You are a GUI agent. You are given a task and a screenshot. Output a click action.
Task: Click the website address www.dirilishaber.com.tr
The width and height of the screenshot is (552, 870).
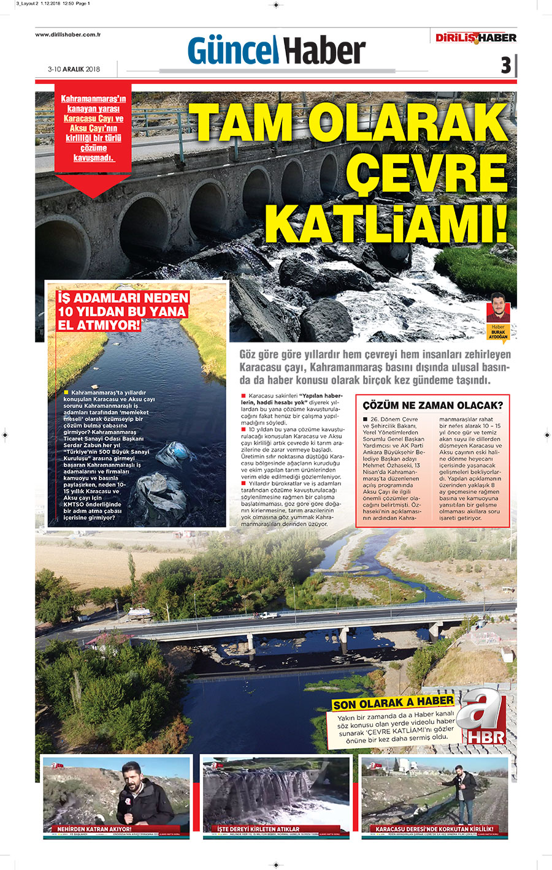tap(67, 35)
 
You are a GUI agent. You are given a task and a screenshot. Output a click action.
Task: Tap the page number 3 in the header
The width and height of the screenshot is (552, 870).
tap(505, 65)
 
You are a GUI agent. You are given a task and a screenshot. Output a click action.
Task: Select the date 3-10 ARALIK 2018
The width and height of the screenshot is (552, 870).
tap(74, 69)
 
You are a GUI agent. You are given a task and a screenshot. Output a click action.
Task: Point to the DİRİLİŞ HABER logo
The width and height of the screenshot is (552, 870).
tap(476, 38)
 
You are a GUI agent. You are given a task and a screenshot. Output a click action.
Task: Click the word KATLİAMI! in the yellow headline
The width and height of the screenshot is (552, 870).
tap(386, 224)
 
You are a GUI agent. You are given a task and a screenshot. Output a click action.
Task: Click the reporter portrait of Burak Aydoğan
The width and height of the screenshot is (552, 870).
tap(498, 308)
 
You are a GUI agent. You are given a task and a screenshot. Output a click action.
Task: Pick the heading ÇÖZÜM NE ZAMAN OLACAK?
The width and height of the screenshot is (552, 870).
tap(432, 406)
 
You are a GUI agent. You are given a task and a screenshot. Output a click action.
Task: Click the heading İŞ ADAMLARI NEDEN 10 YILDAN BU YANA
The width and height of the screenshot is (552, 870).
tap(122, 311)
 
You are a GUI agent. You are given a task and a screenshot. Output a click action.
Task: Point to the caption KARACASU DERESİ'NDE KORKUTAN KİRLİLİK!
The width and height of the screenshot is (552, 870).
tap(434, 829)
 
